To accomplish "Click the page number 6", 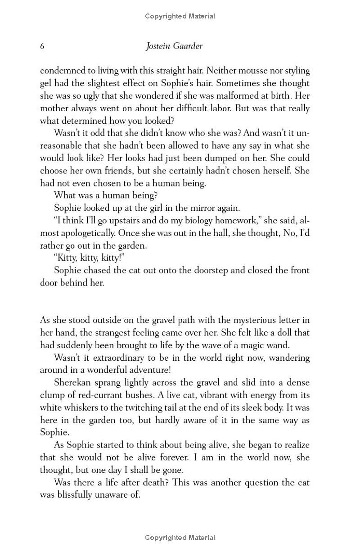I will click(x=42, y=46).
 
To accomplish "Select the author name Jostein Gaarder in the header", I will click(x=174, y=46).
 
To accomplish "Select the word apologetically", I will click(x=85, y=233).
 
